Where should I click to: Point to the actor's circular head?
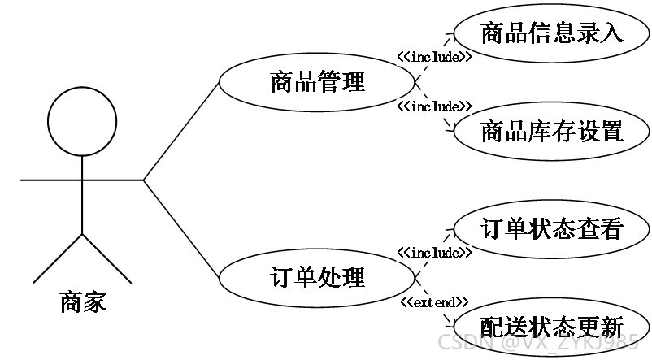[x=82, y=87]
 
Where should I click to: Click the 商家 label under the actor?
[x=83, y=302]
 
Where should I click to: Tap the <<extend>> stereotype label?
[x=434, y=302]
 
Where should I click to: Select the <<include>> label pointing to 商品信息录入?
[x=434, y=57]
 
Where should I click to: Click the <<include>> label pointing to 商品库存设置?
[x=434, y=106]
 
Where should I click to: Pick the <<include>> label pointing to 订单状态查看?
[x=434, y=253]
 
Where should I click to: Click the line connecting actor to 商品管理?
[x=181, y=131]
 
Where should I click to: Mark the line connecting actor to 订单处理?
[x=181, y=228]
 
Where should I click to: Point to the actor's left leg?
[x=58, y=258]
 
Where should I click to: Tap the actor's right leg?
[x=107, y=258]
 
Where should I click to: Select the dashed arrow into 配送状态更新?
[x=434, y=301]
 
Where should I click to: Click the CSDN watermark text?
[x=538, y=342]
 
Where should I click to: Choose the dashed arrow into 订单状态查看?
[x=434, y=253]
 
